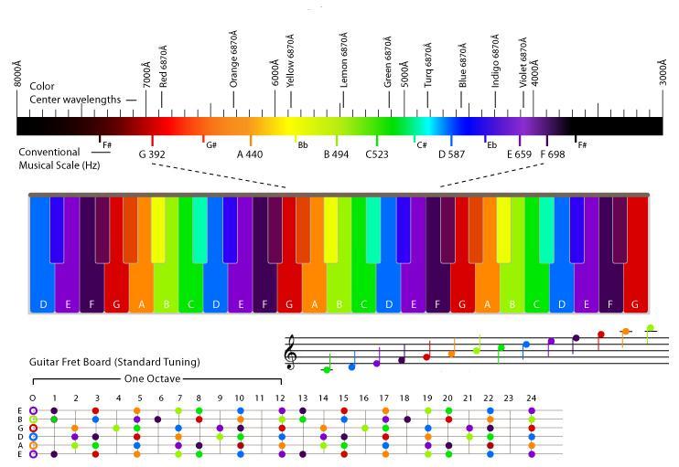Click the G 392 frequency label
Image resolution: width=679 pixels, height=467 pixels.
pyautogui.click(x=152, y=154)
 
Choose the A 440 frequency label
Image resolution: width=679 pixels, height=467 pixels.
pyautogui.click(x=250, y=154)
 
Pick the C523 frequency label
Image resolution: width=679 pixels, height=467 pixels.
pyautogui.click(x=377, y=154)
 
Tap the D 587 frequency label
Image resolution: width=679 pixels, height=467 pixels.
pyautogui.click(x=451, y=154)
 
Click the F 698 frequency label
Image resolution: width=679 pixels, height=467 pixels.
pyautogui.click(x=553, y=154)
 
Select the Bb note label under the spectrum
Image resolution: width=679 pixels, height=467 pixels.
pyautogui.click(x=302, y=144)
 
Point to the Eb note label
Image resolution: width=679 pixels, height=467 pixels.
pyautogui.click(x=491, y=144)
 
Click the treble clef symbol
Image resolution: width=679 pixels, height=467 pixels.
pyautogui.click(x=292, y=352)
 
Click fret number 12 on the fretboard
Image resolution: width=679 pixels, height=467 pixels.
pyautogui.click(x=281, y=398)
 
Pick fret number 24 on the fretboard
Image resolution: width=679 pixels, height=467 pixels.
pyautogui.click(x=531, y=398)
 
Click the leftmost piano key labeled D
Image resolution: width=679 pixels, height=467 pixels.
pyautogui.click(x=42, y=303)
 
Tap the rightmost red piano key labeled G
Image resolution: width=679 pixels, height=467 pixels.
pyautogui.click(x=636, y=303)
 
